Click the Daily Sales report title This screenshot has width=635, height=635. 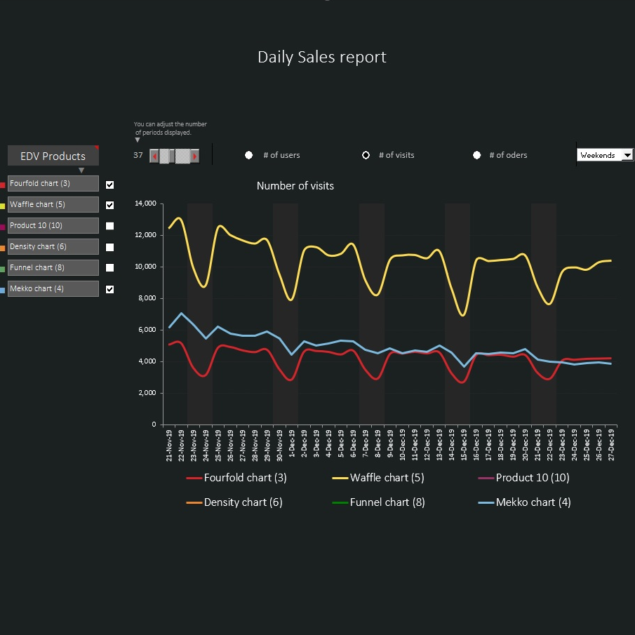[321, 57]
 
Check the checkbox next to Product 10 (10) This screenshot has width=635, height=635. [109, 226]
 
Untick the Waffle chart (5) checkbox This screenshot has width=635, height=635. [109, 205]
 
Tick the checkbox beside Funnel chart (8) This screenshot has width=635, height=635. [109, 267]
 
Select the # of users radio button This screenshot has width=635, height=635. [248, 155]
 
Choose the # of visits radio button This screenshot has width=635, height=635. [366, 155]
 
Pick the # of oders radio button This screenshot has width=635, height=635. [476, 155]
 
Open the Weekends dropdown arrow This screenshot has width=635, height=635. [627, 155]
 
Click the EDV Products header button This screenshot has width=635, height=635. [53, 156]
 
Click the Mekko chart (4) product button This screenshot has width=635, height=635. [53, 288]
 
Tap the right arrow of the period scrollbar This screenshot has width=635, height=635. [195, 156]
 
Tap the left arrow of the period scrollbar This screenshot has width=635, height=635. [154, 156]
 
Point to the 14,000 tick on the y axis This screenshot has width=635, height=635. [144, 203]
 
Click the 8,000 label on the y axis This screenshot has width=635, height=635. [146, 298]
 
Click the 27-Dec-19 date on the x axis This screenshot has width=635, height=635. [611, 445]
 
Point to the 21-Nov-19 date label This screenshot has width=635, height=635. [169, 445]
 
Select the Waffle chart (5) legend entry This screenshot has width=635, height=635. [387, 478]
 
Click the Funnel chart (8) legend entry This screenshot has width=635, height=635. [387, 502]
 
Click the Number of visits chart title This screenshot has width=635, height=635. [295, 186]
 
